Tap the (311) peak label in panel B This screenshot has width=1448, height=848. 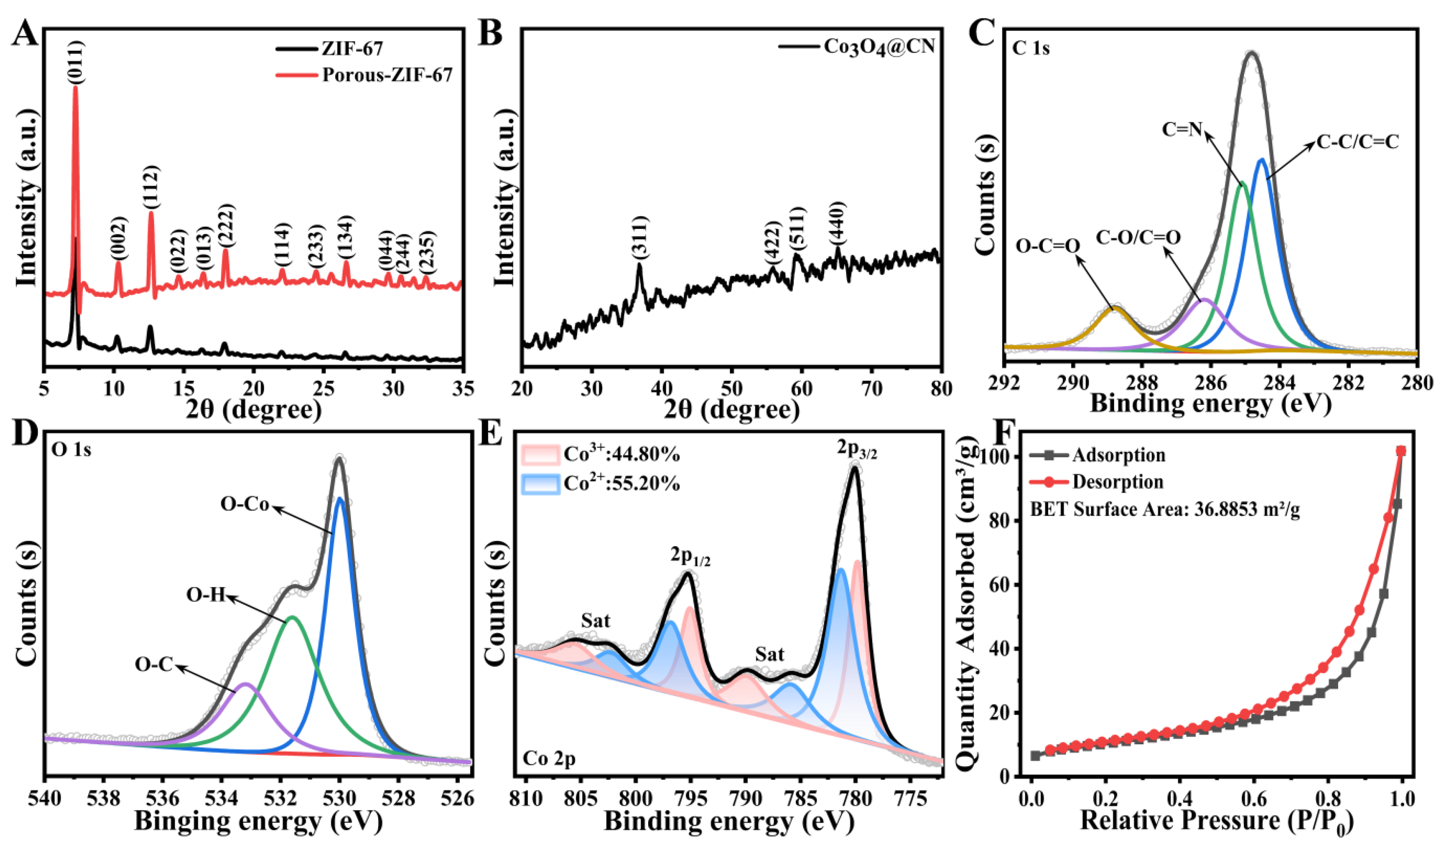click(640, 238)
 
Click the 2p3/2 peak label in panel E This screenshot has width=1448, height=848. click(856, 452)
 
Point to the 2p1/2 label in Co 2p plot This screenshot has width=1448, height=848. click(690, 557)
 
